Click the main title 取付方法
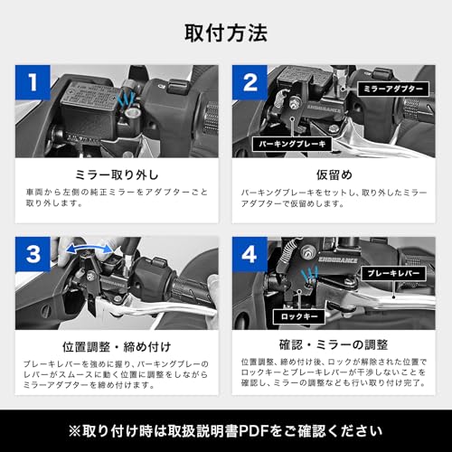click(226, 33)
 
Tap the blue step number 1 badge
click(33, 82)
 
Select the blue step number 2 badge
click(250, 82)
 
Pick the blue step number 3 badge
click(33, 254)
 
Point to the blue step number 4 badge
click(250, 254)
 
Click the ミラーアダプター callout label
click(393, 89)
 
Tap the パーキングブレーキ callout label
click(292, 144)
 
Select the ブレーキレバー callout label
click(393, 273)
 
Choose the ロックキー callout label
click(299, 316)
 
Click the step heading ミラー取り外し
click(117, 174)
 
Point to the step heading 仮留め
click(334, 174)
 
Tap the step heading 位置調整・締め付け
click(117, 347)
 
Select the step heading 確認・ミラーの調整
click(334, 344)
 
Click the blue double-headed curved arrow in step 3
click(89, 246)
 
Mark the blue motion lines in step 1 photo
click(126, 99)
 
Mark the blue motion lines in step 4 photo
click(310, 274)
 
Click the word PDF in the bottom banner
click(254, 431)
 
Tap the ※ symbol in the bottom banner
click(75, 431)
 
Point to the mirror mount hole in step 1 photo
click(132, 113)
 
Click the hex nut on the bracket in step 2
click(293, 102)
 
